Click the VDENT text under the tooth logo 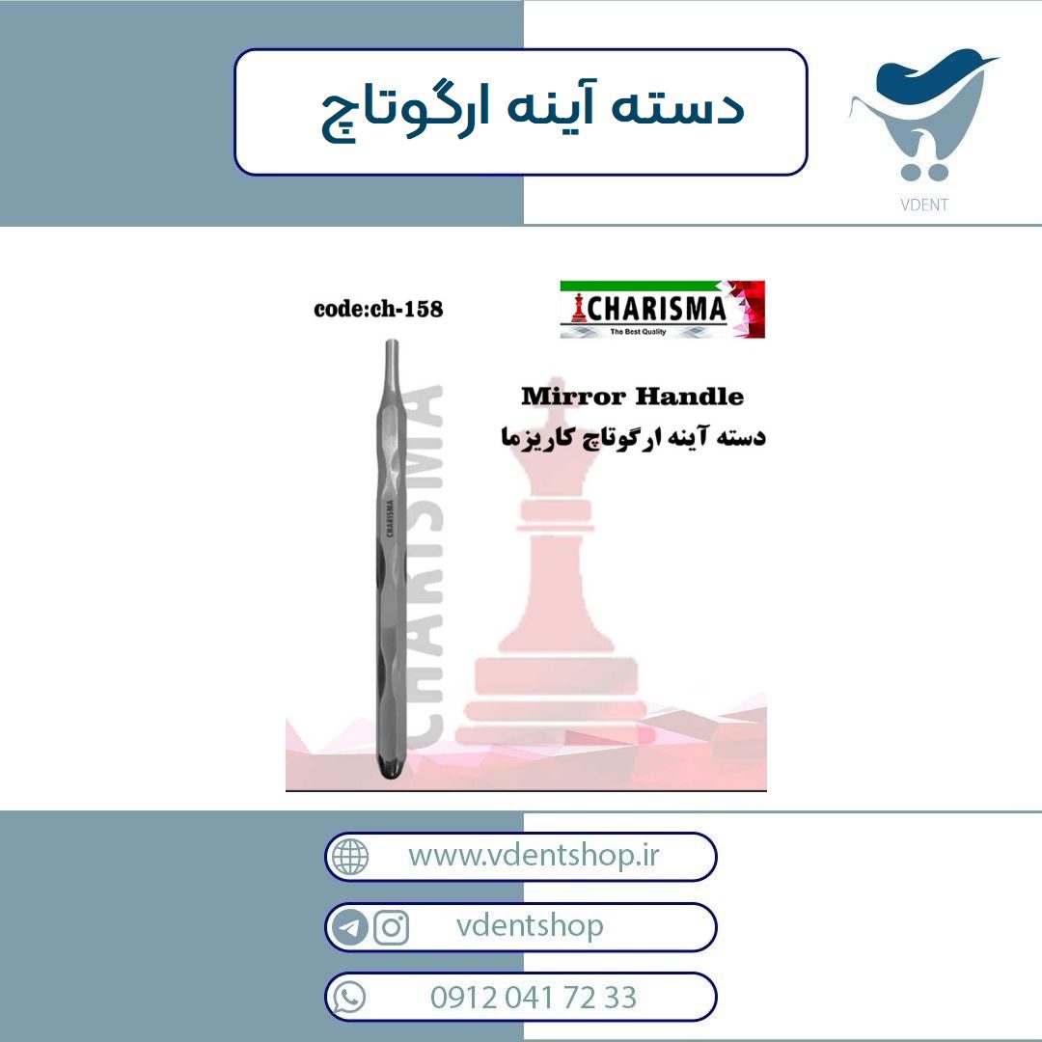pyautogui.click(x=923, y=205)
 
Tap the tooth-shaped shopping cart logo pyautogui.click(x=923, y=114)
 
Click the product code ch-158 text pyautogui.click(x=378, y=309)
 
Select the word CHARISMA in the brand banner pyautogui.click(x=656, y=309)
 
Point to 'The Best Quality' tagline pyautogui.click(x=638, y=332)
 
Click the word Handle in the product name pyautogui.click(x=689, y=397)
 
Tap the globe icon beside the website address pyautogui.click(x=350, y=856)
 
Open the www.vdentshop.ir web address pyautogui.click(x=534, y=856)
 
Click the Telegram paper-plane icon pyautogui.click(x=349, y=927)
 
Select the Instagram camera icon pyautogui.click(x=392, y=927)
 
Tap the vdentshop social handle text pyautogui.click(x=530, y=925)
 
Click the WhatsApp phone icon pyautogui.click(x=349, y=998)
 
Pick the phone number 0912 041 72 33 pyautogui.click(x=533, y=998)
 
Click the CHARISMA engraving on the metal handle pyautogui.click(x=390, y=518)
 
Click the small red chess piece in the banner pyautogui.click(x=578, y=309)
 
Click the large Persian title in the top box pyautogui.click(x=532, y=110)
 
